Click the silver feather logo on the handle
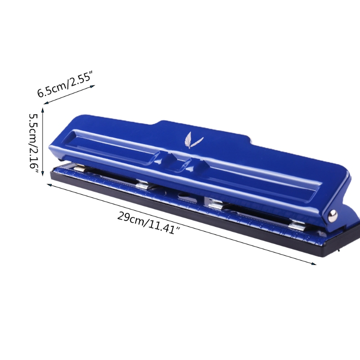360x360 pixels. pyautogui.click(x=193, y=140)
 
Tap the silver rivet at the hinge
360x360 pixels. pyautogui.click(x=333, y=216)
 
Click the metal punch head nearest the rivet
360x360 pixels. pyautogui.click(x=297, y=225)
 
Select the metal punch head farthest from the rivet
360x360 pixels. pyautogui.click(x=80, y=168)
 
